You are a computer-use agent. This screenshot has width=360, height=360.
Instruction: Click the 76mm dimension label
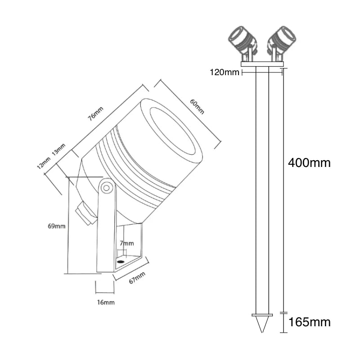coord(95,113)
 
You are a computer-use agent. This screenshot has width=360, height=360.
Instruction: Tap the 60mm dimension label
coord(197,107)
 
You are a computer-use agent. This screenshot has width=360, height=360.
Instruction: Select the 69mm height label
coord(56,225)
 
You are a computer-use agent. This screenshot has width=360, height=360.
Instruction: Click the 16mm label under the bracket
coord(105,302)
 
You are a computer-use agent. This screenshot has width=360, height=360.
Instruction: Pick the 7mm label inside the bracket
coord(127,243)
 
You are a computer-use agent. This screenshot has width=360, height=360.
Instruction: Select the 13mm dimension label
coord(58,149)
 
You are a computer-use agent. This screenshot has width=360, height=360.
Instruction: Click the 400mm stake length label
coord(309,163)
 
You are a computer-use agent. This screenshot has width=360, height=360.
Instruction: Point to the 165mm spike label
coord(309,322)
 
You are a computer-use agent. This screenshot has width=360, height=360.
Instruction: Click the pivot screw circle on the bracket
coord(107,188)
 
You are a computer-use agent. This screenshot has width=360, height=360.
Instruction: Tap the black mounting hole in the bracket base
coord(121,261)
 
